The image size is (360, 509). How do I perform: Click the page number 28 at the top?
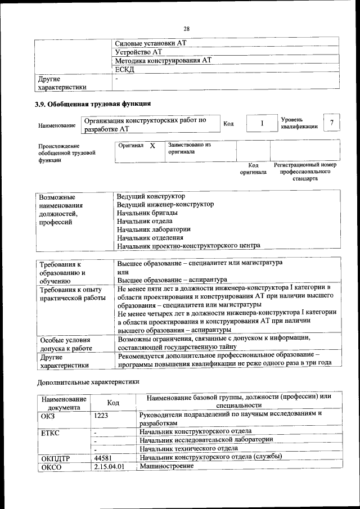click(x=186, y=29)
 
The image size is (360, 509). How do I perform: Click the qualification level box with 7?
click(x=332, y=123)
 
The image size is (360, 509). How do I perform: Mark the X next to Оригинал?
click(x=152, y=146)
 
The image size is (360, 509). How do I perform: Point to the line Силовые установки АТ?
click(x=150, y=42)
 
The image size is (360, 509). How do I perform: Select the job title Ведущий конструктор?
click(x=150, y=196)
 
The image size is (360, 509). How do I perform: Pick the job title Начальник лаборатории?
click(x=154, y=229)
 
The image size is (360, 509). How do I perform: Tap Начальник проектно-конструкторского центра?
click(x=188, y=245)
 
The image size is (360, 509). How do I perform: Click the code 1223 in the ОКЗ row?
click(x=101, y=416)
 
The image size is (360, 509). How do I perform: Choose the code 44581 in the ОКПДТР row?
click(x=105, y=457)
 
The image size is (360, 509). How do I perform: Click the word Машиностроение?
click(x=163, y=466)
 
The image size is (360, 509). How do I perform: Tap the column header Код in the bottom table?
click(x=113, y=403)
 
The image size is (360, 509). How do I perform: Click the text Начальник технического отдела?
click(x=188, y=448)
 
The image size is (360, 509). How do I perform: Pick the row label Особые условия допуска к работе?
click(x=65, y=344)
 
